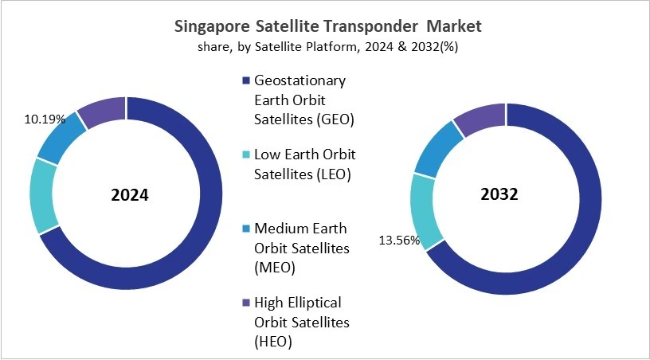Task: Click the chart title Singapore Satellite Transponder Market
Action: click(327, 26)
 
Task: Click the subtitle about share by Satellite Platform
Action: click(327, 47)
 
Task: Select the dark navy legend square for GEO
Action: click(244, 80)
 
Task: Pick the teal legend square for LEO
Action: click(244, 154)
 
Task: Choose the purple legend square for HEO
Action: click(244, 303)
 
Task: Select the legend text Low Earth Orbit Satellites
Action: click(303, 163)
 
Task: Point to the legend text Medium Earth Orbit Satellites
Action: click(301, 248)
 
